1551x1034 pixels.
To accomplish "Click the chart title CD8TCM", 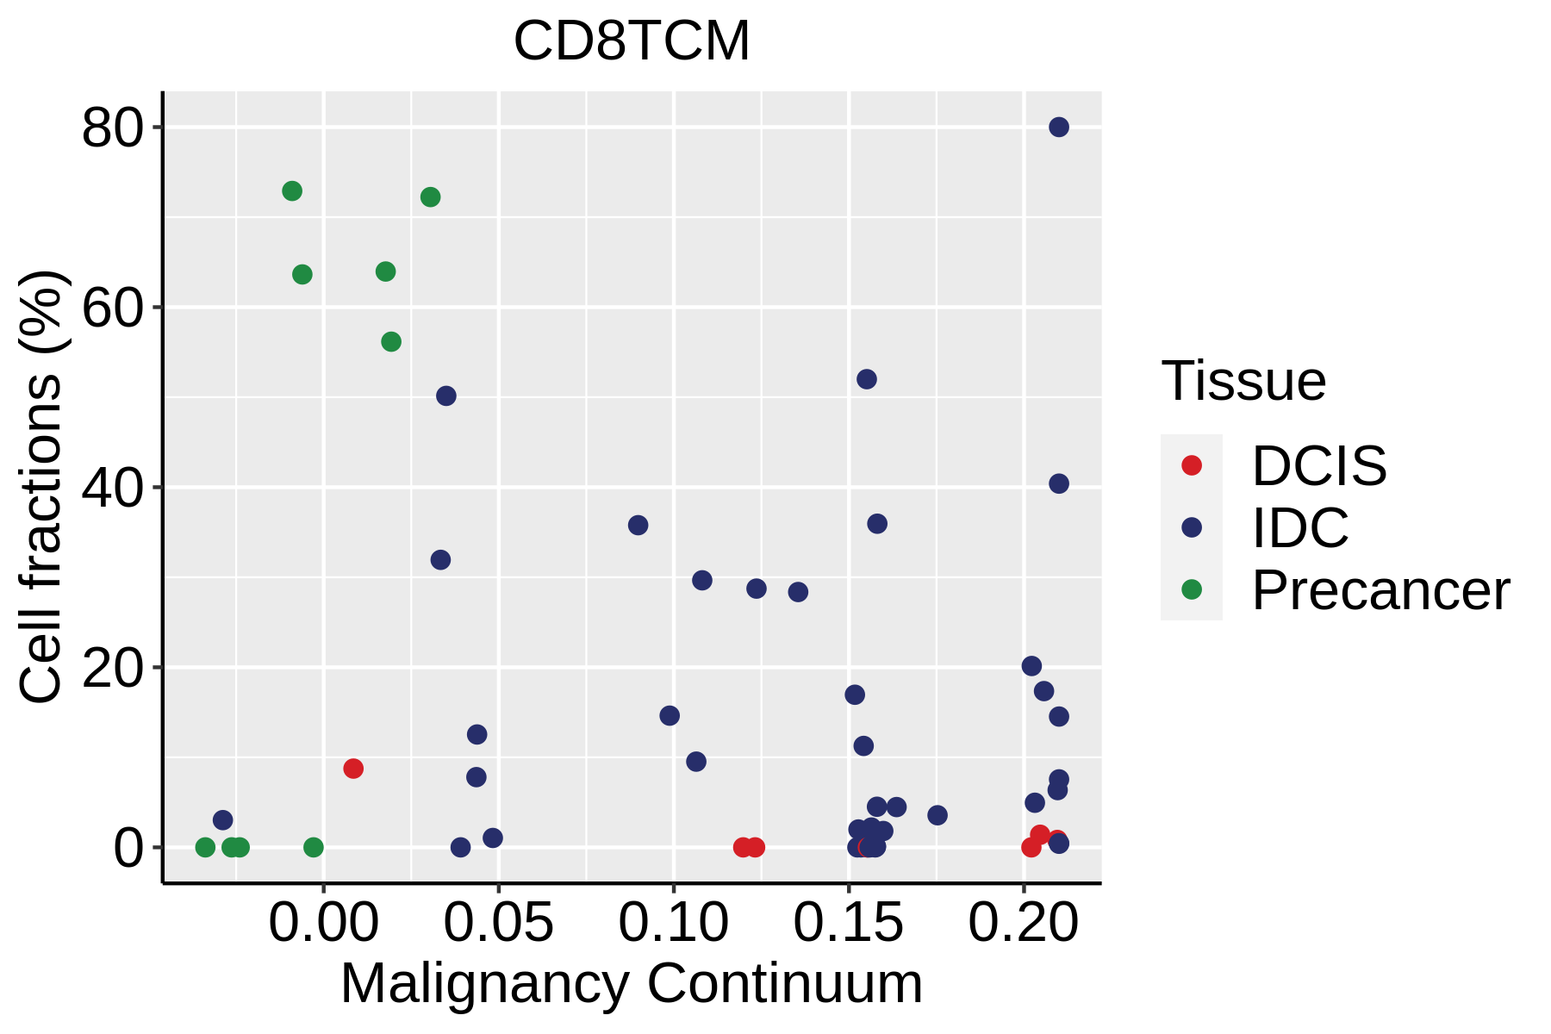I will [x=632, y=41].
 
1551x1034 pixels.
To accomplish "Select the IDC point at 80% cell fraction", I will [x=1059, y=128].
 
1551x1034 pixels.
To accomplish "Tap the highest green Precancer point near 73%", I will [x=292, y=191].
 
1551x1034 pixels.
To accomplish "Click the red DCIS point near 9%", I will [x=353, y=769].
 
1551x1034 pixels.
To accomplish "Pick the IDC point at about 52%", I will [x=867, y=379].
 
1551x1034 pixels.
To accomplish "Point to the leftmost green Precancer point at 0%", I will [x=205, y=848].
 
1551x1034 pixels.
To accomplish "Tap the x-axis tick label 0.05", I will [x=498, y=924].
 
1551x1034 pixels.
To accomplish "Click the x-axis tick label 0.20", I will [x=1023, y=924].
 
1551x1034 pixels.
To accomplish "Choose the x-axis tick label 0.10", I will [x=674, y=924].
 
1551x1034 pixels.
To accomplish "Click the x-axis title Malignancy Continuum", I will [x=632, y=984].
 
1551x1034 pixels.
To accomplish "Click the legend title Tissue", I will [x=1243, y=381].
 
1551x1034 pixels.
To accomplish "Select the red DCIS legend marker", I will [x=1192, y=465].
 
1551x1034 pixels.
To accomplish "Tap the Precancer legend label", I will [x=1380, y=591].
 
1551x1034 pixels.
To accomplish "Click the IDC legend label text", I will [x=1300, y=528].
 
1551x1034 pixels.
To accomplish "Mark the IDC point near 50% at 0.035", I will [x=446, y=396].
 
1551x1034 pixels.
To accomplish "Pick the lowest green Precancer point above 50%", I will [x=391, y=342].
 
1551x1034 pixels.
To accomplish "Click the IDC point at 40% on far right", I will [x=1059, y=484].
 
